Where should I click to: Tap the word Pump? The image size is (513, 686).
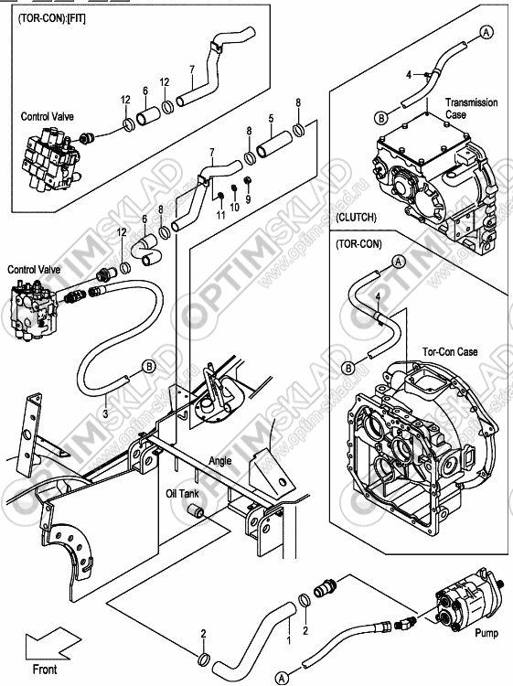(486, 633)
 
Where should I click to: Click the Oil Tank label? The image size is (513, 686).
(182, 494)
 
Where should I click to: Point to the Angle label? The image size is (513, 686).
(220, 461)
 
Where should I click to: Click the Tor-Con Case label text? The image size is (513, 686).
(450, 352)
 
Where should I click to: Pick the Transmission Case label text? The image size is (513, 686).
(471, 109)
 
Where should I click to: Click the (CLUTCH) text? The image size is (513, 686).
(356, 218)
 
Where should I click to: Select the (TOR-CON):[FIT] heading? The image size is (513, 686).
(52, 19)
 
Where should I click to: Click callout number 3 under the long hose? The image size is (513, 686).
(105, 413)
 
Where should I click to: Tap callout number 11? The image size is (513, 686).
(221, 214)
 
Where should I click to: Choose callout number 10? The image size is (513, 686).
(235, 207)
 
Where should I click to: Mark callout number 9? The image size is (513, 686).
(248, 199)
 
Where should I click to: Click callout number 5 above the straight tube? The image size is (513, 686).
(272, 119)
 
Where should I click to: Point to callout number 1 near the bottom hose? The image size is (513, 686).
(288, 640)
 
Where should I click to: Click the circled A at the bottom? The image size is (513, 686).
(282, 677)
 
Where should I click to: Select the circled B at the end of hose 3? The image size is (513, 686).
(149, 366)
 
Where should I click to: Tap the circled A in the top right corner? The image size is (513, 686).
(486, 31)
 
